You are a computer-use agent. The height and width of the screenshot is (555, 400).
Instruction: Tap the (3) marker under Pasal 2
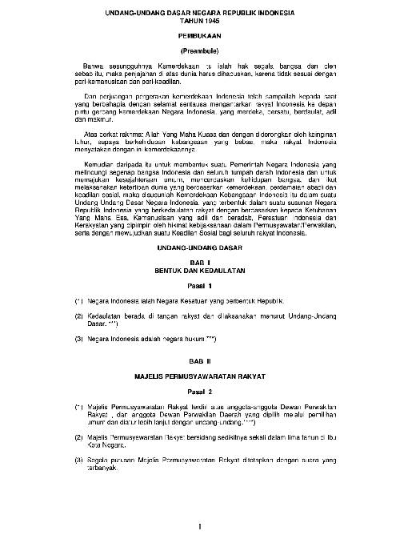point(78,460)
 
